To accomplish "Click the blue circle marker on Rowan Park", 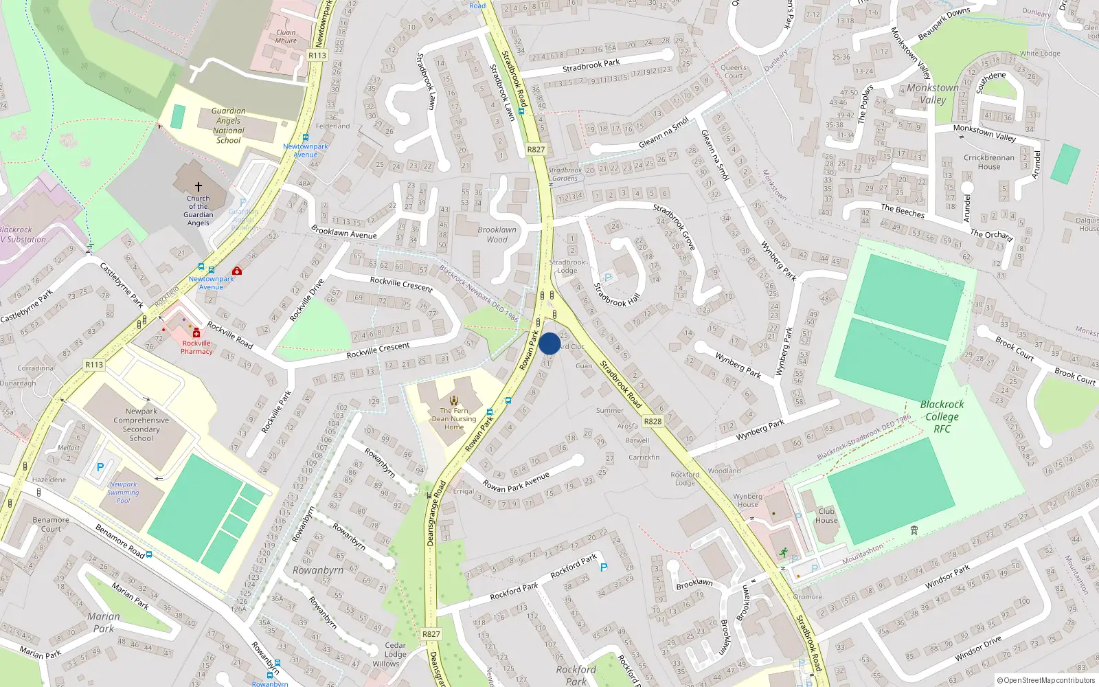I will (549, 343).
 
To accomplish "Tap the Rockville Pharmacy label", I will (196, 347).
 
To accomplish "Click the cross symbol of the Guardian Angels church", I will (199, 186).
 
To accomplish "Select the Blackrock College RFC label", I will (942, 416).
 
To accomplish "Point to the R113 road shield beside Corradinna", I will (94, 365).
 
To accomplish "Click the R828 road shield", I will (653, 421).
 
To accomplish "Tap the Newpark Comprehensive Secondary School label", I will (141, 425).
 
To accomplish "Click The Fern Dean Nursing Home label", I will (454, 418).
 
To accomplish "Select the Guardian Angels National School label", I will (228, 125).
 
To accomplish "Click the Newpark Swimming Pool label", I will (124, 492).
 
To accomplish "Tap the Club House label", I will (826, 515).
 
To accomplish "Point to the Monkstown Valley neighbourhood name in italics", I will (933, 93).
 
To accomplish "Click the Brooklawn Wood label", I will (497, 234).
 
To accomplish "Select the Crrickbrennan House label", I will (989, 162).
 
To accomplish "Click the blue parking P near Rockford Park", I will (604, 567).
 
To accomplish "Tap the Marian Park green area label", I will (104, 622).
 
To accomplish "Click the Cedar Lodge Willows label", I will (394, 654).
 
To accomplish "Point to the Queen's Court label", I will (734, 71).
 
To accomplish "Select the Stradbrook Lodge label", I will (567, 266).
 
